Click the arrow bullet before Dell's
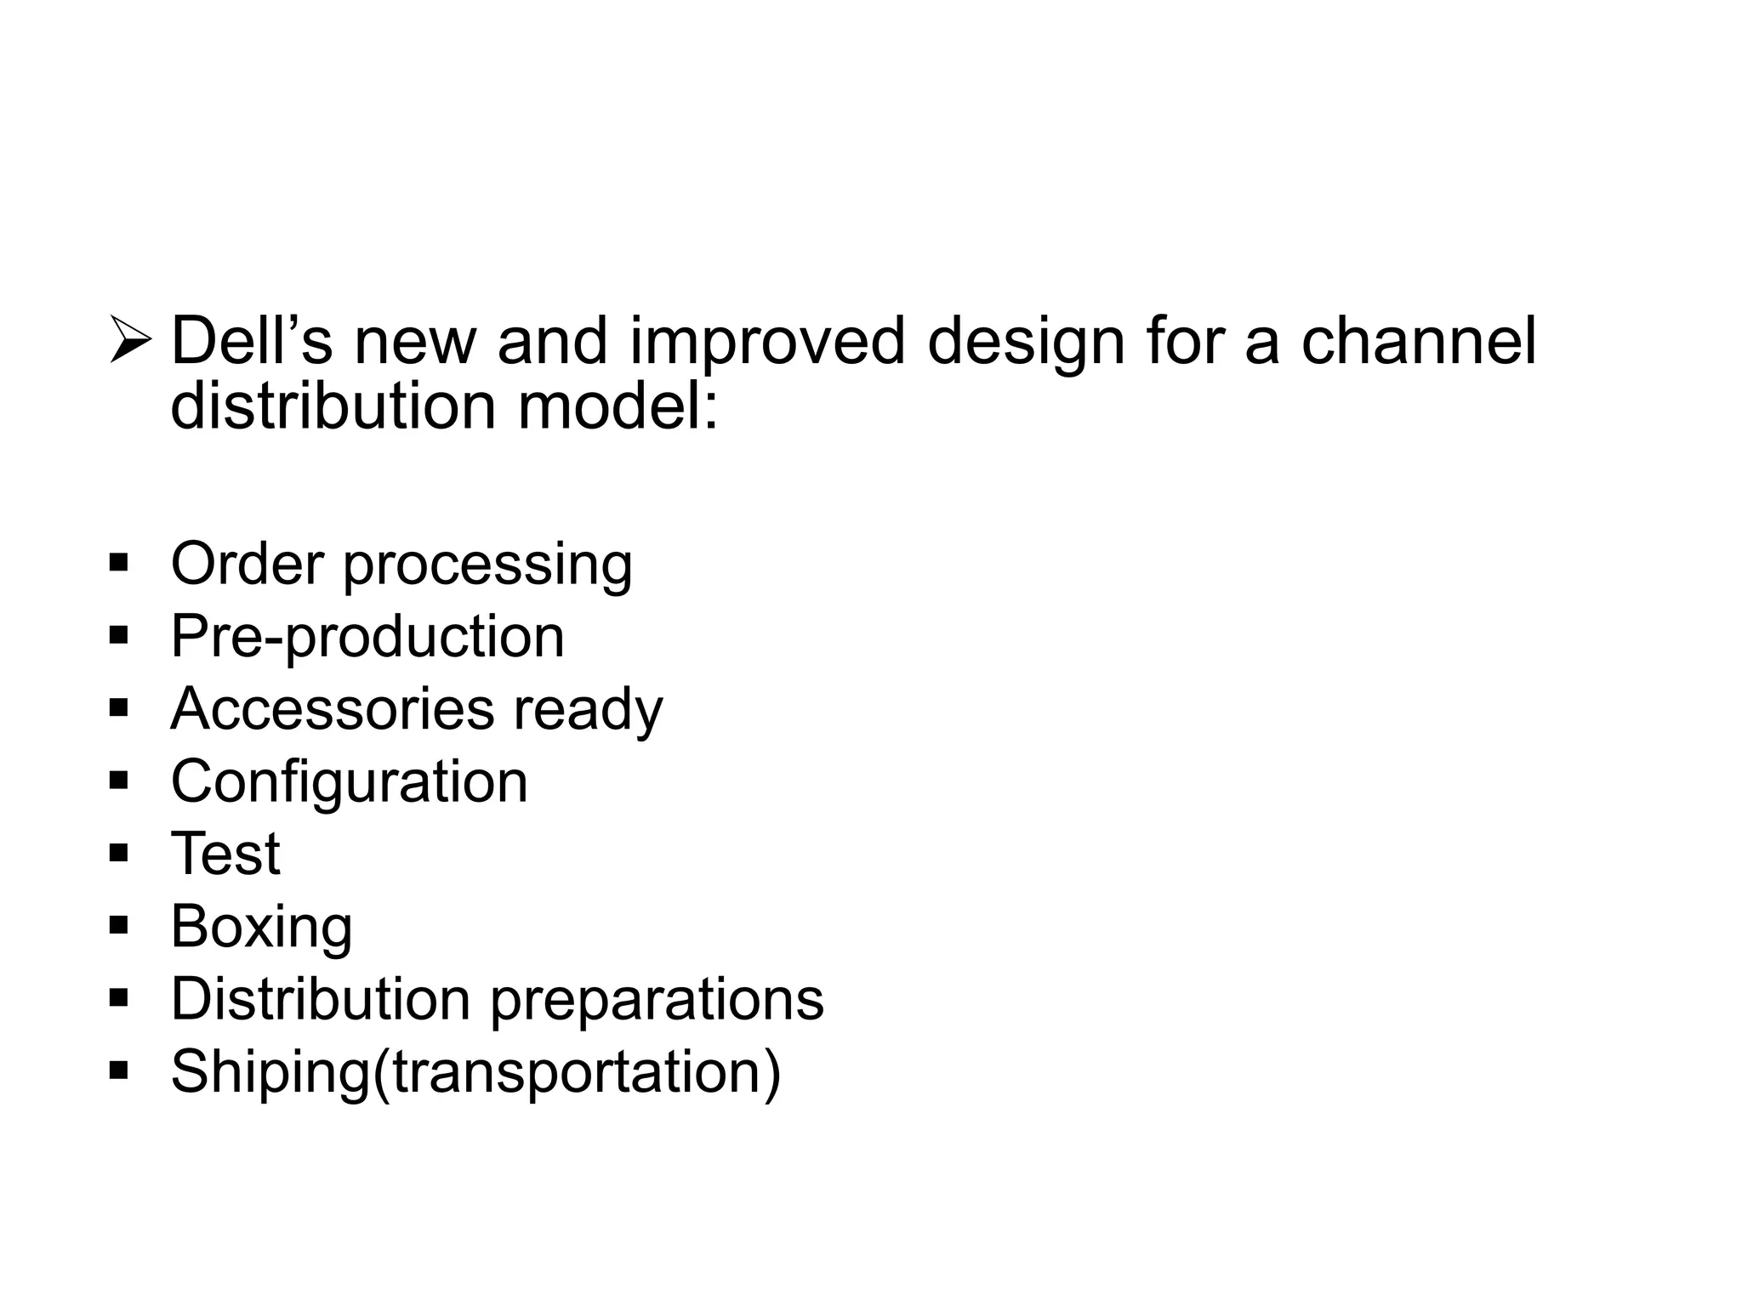pyautogui.click(x=130, y=341)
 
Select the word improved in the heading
pyautogui.click(x=766, y=343)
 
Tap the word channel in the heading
pyautogui.click(x=1418, y=341)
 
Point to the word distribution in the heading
pyautogui.click(x=333, y=406)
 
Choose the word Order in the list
pyautogui.click(x=248, y=564)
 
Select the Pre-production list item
pyautogui.click(x=367, y=637)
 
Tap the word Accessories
pyautogui.click(x=332, y=708)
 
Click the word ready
pyautogui.click(x=587, y=711)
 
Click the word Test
pyautogui.click(x=225, y=854)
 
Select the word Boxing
pyautogui.click(x=261, y=928)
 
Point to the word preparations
pyautogui.click(x=657, y=1001)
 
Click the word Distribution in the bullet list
pyautogui.click(x=321, y=998)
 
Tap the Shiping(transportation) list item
pyautogui.click(x=475, y=1072)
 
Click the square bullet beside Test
pyautogui.click(x=119, y=853)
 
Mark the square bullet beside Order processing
pyautogui.click(x=119, y=563)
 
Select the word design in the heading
pyautogui.click(x=1026, y=343)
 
